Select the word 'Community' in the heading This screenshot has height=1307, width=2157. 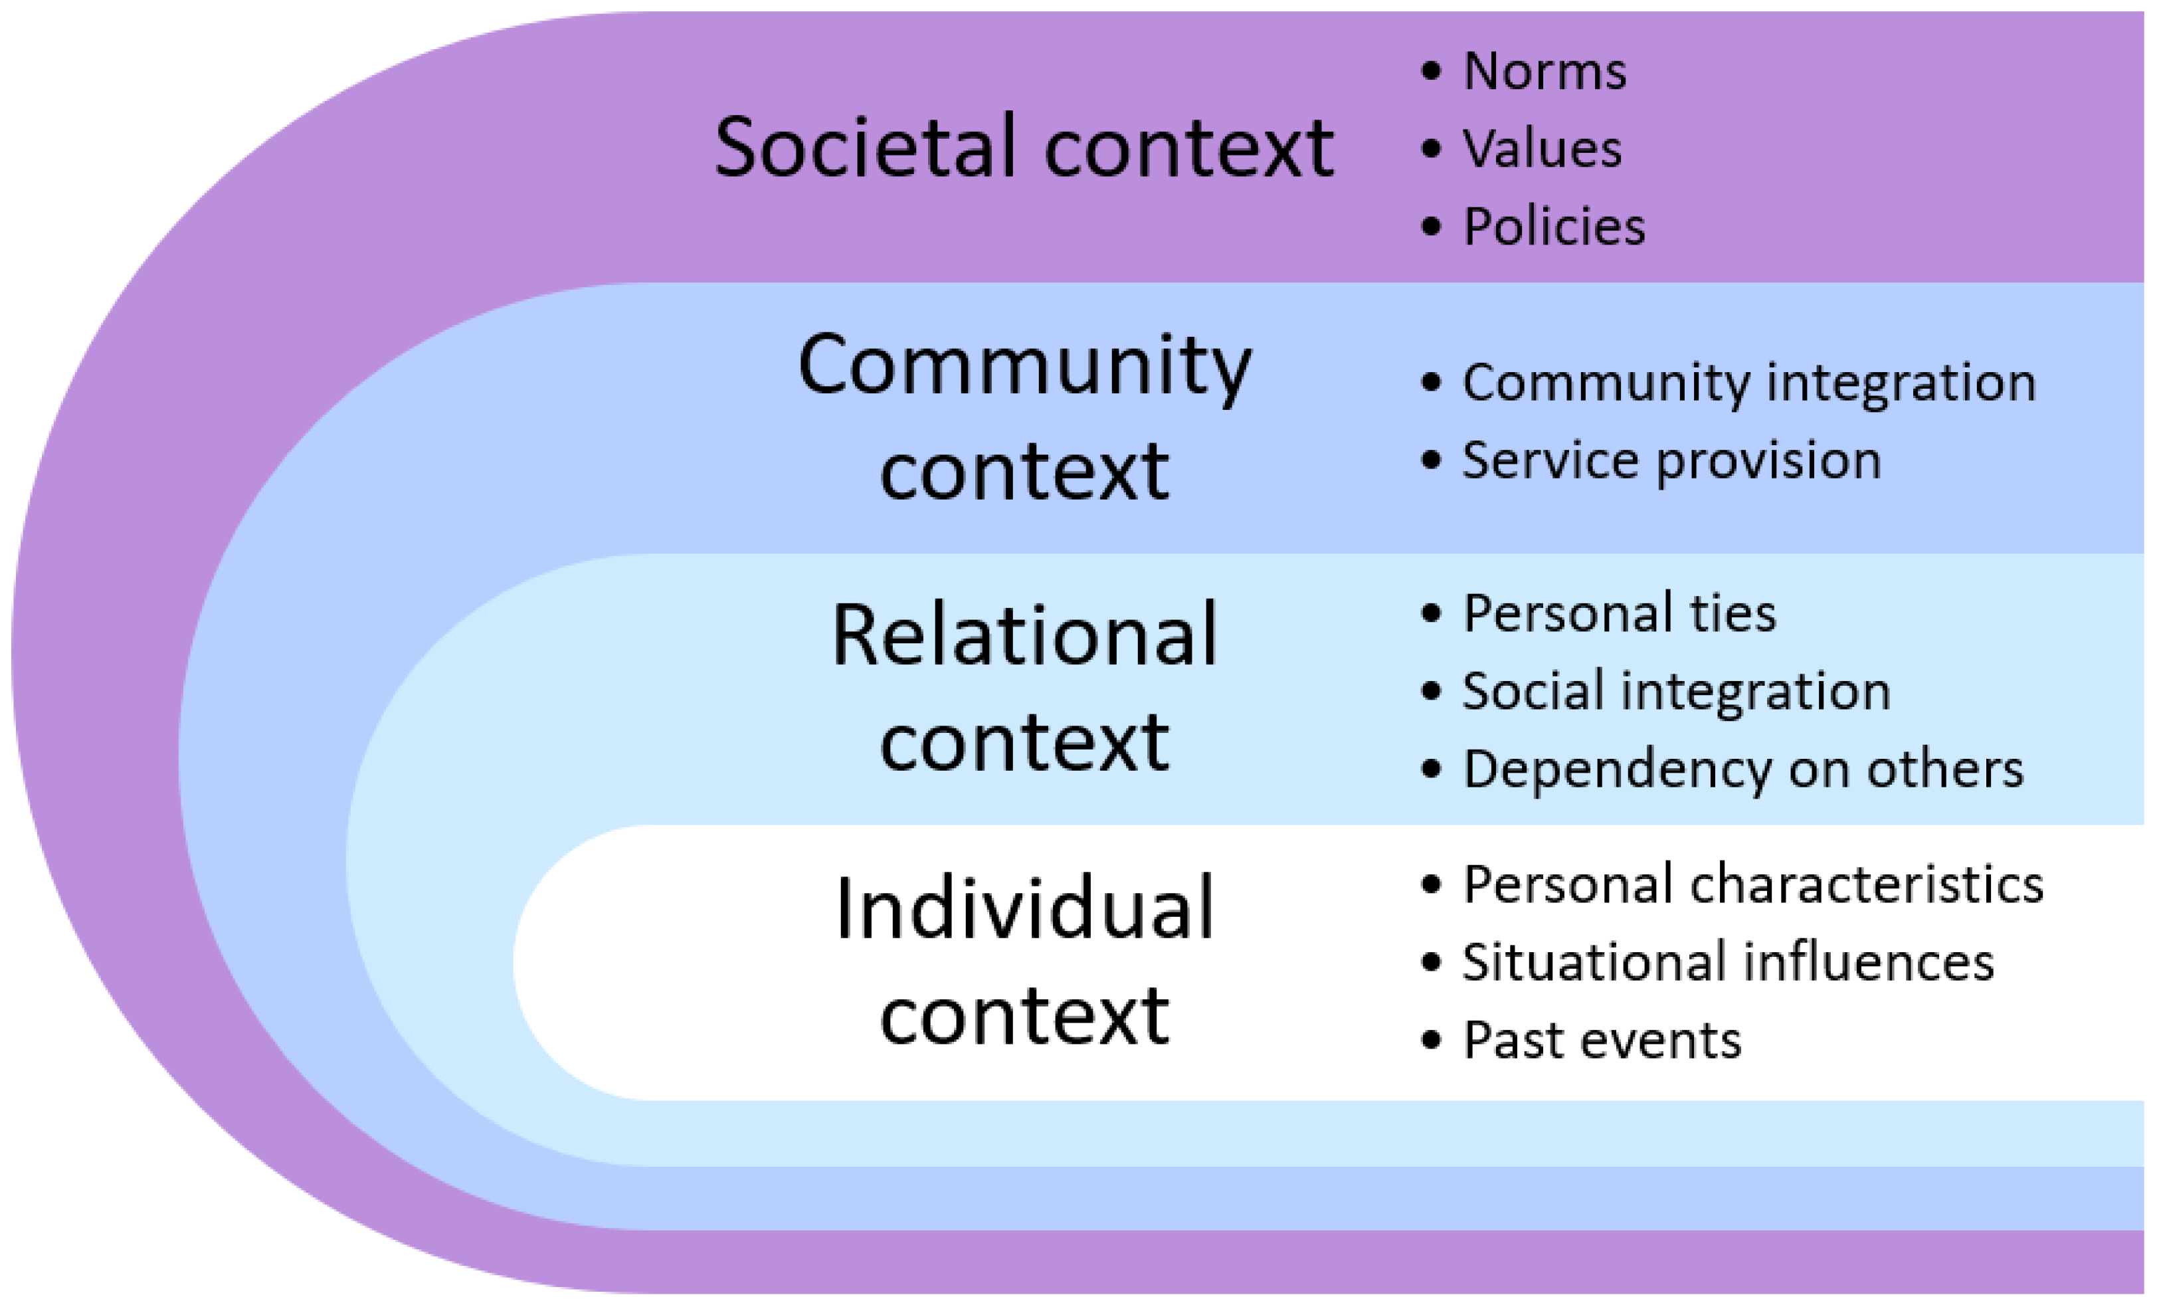point(1024,366)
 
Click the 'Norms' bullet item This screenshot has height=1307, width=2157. point(1545,71)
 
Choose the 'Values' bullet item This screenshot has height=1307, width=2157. point(1542,148)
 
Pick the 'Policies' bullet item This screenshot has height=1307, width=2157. point(1554,226)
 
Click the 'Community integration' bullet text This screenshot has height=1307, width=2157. point(1749,383)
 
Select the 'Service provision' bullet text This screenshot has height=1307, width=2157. point(1671,460)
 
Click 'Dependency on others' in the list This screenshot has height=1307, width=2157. point(1743,769)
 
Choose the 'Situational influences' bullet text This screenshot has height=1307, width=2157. point(1728,962)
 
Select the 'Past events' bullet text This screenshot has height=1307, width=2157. point(1602,1040)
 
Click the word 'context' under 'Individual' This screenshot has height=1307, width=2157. point(1024,1015)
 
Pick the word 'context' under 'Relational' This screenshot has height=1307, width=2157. point(1024,742)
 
